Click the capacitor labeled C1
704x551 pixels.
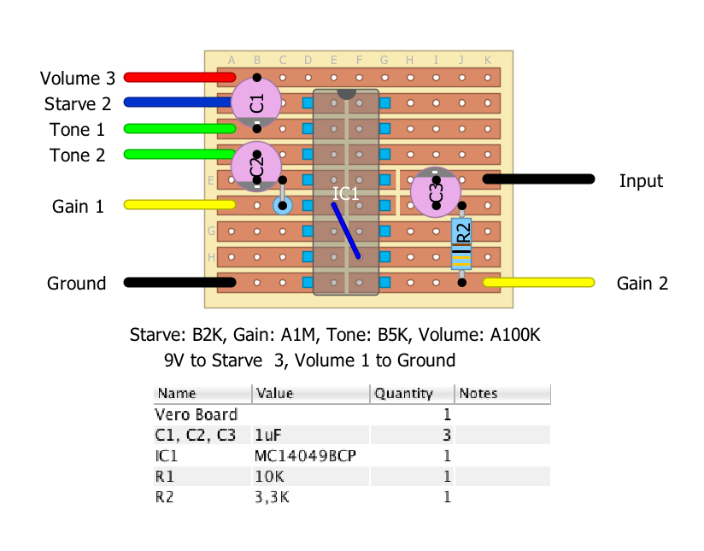[256, 103]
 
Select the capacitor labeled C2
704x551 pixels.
[256, 167]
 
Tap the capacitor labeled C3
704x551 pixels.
[436, 192]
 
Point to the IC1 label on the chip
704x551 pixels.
[345, 194]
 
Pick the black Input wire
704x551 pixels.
[538, 179]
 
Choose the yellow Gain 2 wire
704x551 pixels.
[538, 282]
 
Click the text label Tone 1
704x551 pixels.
[77, 130]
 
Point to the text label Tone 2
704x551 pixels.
[77, 155]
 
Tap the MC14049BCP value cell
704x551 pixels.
[305, 456]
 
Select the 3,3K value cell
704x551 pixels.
[273, 497]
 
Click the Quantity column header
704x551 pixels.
[403, 394]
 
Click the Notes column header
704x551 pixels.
[478, 394]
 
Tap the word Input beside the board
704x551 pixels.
[641, 181]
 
